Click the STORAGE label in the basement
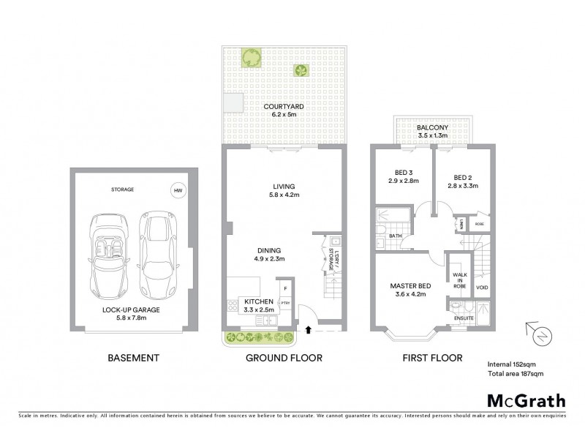[x=123, y=190]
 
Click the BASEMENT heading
[x=132, y=358]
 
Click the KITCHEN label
[x=258, y=301]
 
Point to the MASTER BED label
[x=409, y=285]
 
